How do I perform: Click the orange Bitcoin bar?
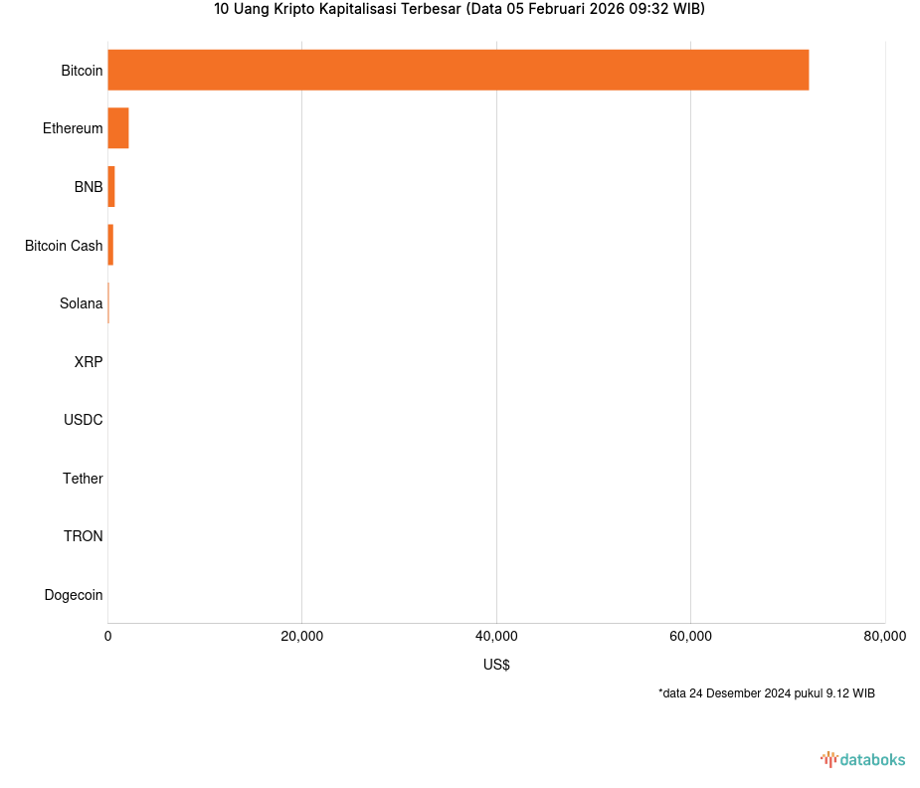tap(458, 70)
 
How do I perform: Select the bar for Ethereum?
tap(118, 128)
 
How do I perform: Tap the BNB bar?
tap(111, 187)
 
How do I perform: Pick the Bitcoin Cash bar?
tap(110, 245)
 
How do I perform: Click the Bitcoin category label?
tap(82, 71)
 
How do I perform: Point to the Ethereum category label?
tap(73, 128)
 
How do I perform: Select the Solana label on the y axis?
tap(81, 303)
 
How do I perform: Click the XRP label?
tap(89, 362)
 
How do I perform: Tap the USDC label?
tap(84, 420)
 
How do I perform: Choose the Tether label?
tap(83, 479)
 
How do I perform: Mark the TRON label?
tap(84, 536)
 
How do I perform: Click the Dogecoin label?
tap(74, 595)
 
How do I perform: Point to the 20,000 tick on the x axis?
tap(302, 637)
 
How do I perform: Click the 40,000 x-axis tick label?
tap(496, 637)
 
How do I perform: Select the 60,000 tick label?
tap(690, 637)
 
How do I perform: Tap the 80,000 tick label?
tap(884, 637)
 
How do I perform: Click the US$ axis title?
tap(496, 665)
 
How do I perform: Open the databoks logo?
tap(862, 760)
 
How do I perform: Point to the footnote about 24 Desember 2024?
tap(766, 693)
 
